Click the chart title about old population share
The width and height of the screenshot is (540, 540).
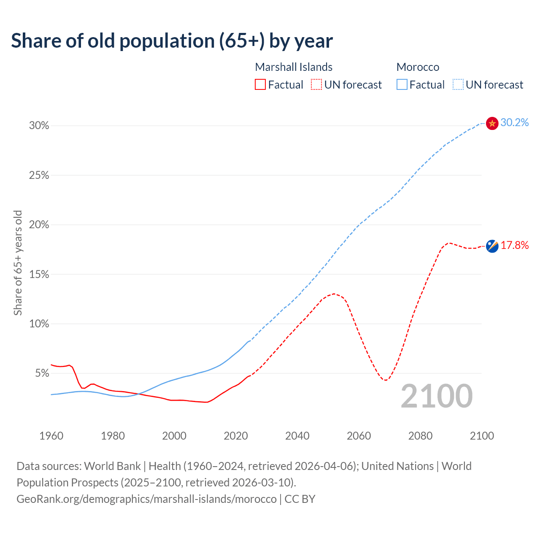[172, 41]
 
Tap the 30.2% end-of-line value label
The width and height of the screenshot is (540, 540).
[514, 122]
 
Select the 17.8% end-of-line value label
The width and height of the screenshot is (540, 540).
[514, 245]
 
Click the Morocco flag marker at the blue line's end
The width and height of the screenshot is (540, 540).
[492, 123]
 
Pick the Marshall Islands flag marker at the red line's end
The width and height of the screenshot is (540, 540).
[492, 246]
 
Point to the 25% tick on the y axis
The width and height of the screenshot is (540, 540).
[39, 175]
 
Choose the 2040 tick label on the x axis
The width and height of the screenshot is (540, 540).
[297, 436]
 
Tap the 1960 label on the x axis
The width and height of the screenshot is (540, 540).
[51, 436]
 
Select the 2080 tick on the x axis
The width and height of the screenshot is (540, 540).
[420, 436]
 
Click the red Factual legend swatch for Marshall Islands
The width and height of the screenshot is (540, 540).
[260, 84]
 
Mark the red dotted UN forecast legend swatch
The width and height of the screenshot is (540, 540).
[316, 84]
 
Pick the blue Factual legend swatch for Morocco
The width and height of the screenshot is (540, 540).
[402, 84]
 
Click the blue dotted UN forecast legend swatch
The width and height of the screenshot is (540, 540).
[458, 84]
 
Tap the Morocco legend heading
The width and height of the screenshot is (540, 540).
[418, 67]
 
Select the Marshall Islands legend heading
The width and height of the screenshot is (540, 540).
[294, 67]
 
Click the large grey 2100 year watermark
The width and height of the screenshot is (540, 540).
[437, 396]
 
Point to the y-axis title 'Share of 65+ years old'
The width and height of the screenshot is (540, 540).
[18, 262]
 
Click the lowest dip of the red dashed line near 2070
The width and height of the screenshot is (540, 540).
[386, 380]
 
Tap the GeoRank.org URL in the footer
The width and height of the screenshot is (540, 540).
[146, 499]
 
